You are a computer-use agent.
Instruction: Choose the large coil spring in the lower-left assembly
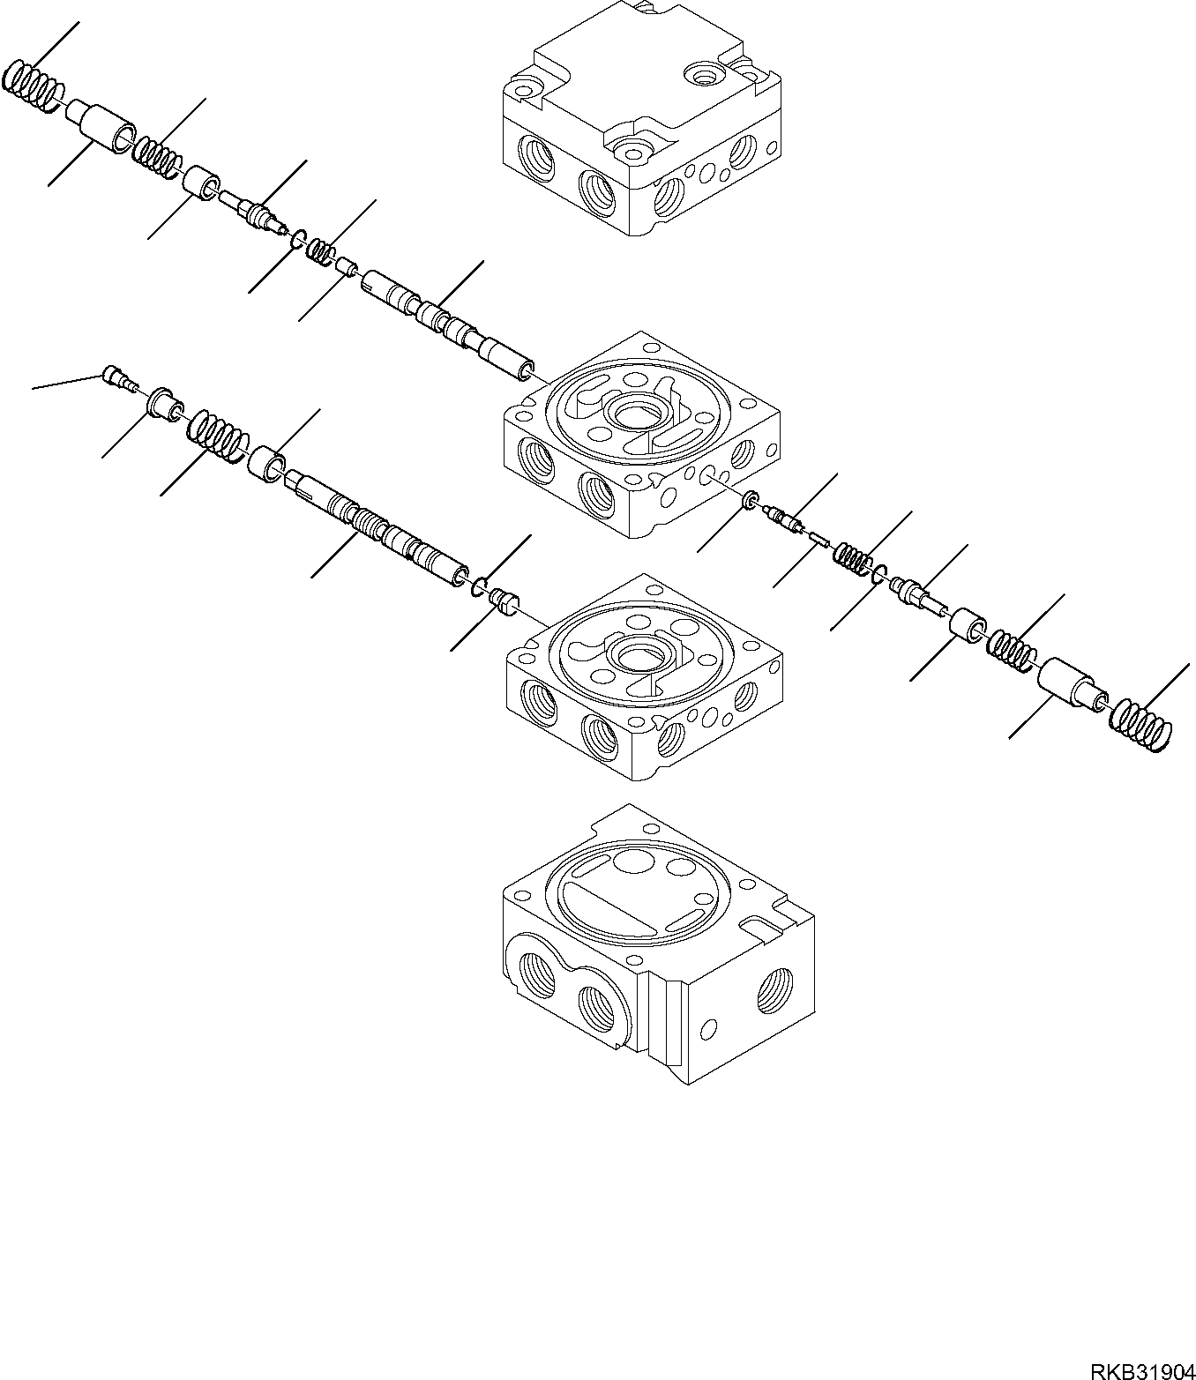217,434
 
